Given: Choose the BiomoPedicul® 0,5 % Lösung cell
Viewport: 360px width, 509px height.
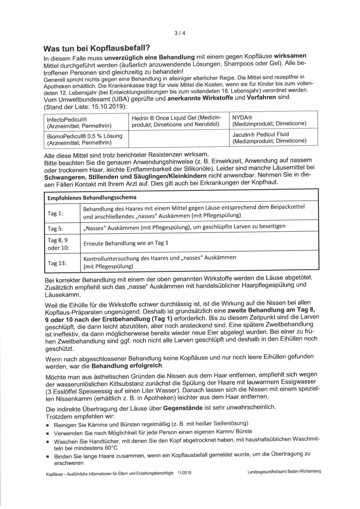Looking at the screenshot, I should [x=85, y=139].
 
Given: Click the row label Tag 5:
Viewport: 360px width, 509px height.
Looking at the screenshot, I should [x=55, y=228].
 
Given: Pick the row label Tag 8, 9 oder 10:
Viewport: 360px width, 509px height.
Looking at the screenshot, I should [x=58, y=243].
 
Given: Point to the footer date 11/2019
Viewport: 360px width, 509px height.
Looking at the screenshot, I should [x=185, y=473].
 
